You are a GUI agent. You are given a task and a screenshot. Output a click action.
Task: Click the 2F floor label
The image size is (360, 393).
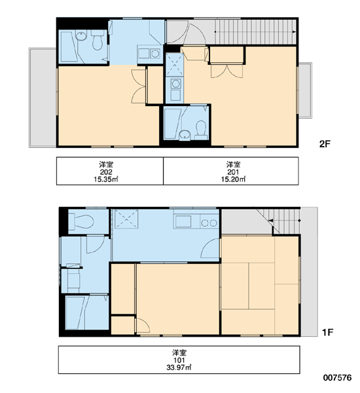325,144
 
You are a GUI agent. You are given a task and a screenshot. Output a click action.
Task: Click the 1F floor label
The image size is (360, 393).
327,332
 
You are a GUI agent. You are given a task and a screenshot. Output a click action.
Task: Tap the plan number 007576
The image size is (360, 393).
337,377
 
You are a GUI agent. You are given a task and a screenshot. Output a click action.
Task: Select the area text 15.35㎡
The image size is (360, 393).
106,179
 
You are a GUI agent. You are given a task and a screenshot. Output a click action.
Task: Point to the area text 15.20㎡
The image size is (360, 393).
233,179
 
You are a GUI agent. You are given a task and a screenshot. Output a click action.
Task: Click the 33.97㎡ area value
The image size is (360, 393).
179,367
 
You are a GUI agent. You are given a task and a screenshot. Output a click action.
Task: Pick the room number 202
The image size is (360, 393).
106,172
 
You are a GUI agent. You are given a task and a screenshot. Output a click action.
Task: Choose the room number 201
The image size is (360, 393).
233,172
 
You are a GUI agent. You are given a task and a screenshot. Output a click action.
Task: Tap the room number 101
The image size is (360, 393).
179,360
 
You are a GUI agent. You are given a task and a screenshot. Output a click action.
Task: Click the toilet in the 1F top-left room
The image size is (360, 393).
81,221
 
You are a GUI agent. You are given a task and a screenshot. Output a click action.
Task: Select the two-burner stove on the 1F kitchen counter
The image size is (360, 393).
209,223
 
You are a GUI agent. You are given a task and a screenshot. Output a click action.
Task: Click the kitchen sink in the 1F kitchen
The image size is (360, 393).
183,221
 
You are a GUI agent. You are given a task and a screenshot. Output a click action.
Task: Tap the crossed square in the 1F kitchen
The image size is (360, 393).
126,219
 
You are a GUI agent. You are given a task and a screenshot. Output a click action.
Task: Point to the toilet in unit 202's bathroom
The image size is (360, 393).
98,40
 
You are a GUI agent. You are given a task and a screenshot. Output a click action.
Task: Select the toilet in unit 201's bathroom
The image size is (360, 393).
201,130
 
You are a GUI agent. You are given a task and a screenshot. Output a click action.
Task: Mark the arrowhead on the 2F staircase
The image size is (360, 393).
294,32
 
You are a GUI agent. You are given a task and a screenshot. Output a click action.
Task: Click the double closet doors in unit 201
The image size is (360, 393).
226,71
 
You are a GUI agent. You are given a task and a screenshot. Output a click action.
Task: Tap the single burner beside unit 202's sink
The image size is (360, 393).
155,54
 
